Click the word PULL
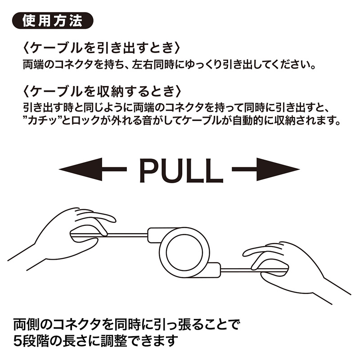click(180, 169)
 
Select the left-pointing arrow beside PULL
click(92, 169)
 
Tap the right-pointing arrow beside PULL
click(265, 169)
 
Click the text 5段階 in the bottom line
click(34, 339)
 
